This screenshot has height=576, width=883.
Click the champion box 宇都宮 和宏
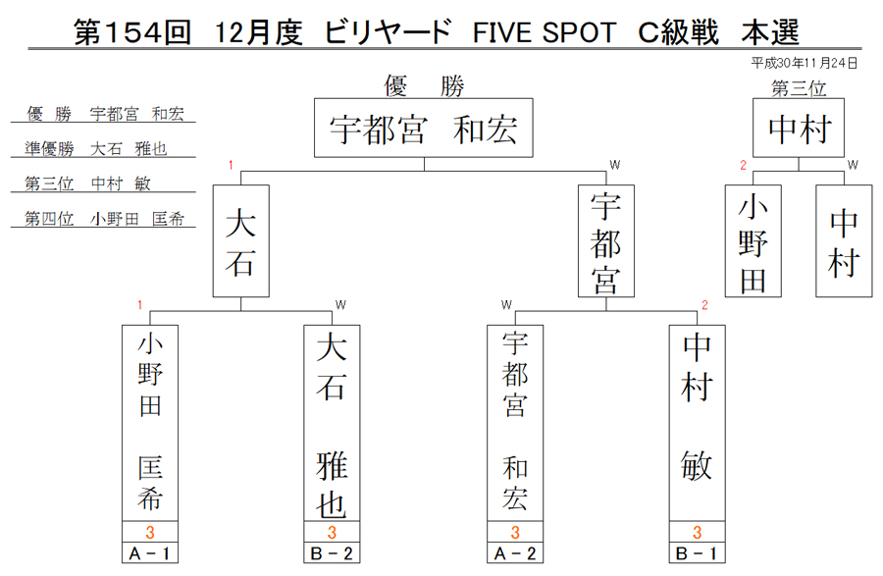[424, 128]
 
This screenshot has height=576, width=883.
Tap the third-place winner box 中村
[799, 128]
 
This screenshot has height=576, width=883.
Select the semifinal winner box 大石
[241, 241]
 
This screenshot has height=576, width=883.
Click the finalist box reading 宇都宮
[606, 241]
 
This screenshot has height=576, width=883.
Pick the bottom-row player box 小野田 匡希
[150, 423]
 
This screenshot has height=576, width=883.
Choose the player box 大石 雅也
[332, 423]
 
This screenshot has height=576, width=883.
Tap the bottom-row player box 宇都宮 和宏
[515, 423]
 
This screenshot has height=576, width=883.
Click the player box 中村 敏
[698, 423]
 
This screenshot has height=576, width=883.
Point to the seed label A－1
[150, 553]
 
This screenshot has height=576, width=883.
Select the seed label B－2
[332, 553]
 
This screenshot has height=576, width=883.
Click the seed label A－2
[515, 553]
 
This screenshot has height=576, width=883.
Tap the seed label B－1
[698, 553]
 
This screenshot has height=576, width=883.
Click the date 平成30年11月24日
[805, 63]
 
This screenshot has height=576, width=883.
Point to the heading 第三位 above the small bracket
[799, 88]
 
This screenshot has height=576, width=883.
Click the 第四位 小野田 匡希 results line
[104, 219]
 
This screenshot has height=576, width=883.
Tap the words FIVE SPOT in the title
[545, 32]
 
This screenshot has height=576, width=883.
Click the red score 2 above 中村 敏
[704, 305]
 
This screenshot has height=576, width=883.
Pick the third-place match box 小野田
[753, 241]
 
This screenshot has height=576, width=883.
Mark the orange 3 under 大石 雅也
[332, 532]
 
